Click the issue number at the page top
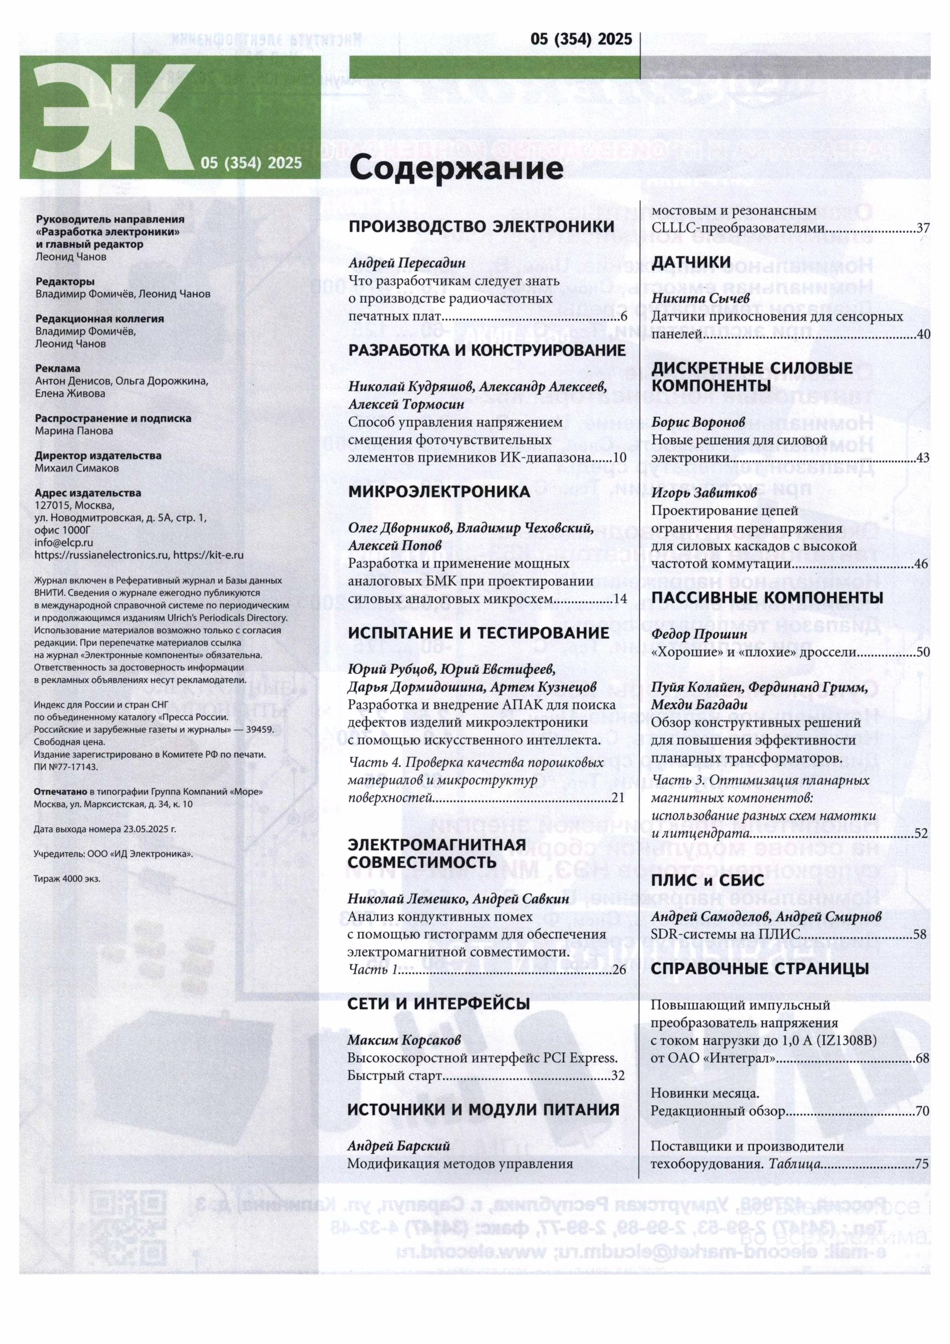click(x=581, y=39)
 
